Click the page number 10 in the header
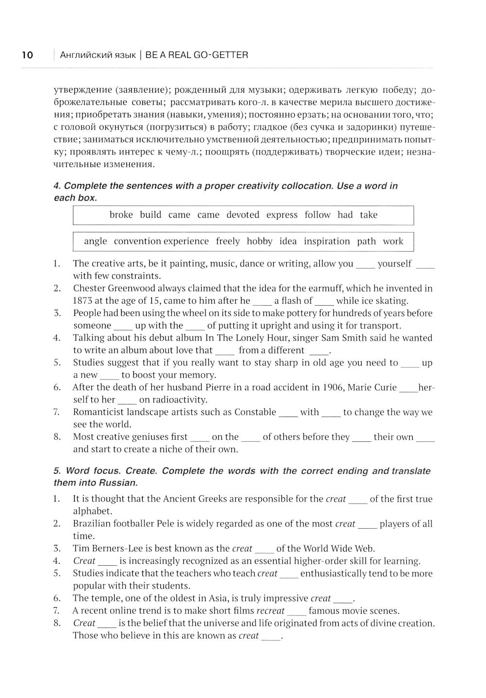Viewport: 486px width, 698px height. point(27,55)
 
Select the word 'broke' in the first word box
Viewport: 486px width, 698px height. point(121,215)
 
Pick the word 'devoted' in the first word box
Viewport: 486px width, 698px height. point(243,215)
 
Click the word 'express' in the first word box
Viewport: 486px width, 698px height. point(282,215)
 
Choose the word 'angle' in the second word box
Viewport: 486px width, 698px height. point(95,242)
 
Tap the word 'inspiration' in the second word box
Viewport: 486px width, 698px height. point(327,242)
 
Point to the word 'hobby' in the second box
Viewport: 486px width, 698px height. point(260,242)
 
